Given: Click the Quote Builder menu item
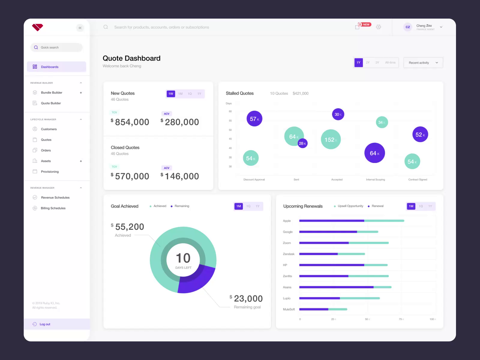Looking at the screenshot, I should (51, 103).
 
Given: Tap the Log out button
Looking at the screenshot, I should (45, 324).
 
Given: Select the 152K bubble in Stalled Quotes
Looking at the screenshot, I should (331, 139).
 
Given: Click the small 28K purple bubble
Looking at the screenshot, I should (302, 143).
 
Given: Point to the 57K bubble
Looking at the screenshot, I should (254, 119).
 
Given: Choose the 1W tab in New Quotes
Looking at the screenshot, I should (171, 94).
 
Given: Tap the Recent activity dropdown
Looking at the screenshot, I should (423, 63).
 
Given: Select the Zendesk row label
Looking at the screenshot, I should (289, 254).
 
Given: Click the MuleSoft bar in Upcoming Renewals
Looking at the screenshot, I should (323, 309).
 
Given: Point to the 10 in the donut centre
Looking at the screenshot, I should (183, 258).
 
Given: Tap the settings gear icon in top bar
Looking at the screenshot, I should (379, 27).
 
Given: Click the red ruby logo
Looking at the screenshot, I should (37, 27).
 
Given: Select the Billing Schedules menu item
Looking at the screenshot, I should (53, 208).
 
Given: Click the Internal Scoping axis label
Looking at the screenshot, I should (375, 179).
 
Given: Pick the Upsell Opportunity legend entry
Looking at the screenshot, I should (350, 206).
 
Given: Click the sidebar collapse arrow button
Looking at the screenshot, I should (80, 28).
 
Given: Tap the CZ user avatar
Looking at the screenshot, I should (408, 27).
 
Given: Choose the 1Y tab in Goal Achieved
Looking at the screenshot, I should (258, 206).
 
